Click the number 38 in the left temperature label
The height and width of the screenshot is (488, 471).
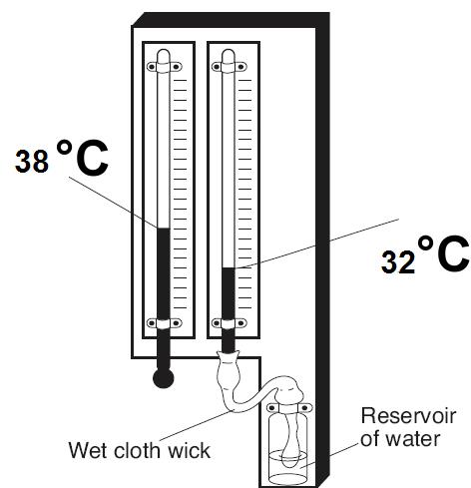point(32,162)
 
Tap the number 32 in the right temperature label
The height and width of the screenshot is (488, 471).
point(398,262)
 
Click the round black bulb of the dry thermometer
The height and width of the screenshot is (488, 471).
point(163,378)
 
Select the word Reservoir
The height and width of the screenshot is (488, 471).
point(408,416)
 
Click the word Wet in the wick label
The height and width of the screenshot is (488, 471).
point(88,450)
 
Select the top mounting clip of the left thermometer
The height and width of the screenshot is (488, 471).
point(165,67)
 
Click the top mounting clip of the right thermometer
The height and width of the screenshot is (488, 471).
point(230,67)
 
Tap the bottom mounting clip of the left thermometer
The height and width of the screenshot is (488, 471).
point(165,323)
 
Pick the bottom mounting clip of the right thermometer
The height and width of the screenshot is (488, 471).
point(230,323)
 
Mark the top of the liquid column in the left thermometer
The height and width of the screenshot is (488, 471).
point(164,229)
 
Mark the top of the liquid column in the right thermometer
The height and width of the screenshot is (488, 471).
point(229,268)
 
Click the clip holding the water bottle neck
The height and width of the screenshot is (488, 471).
point(289,408)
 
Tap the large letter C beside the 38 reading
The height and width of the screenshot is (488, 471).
point(92,159)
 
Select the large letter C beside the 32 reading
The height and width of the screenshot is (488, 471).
point(453,253)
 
